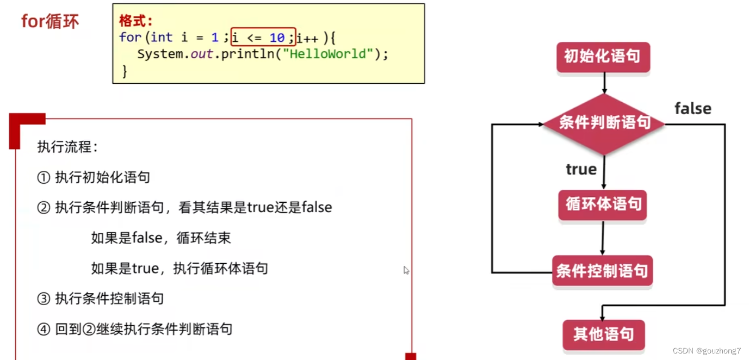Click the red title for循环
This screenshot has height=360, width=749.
click(50, 21)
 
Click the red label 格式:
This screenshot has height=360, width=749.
click(136, 21)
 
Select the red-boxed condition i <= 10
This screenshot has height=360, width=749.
click(263, 37)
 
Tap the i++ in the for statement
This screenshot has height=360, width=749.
click(307, 38)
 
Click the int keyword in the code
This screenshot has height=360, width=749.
click(162, 37)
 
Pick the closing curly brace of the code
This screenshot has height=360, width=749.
click(125, 71)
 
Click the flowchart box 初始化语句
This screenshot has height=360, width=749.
click(603, 56)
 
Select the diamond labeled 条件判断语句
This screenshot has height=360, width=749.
click(604, 123)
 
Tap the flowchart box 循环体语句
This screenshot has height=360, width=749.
click(603, 204)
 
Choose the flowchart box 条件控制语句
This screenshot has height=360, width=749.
click(602, 271)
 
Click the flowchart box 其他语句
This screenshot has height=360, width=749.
click(603, 334)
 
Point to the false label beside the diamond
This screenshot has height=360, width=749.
click(692, 109)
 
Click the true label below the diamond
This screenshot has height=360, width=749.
click(581, 169)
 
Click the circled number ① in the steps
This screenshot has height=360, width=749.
click(44, 177)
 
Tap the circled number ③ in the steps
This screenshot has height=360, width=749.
click(44, 299)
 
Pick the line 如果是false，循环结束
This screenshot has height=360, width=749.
click(161, 238)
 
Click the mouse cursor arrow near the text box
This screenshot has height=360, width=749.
click(406, 270)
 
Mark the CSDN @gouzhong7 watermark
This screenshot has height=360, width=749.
click(706, 351)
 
